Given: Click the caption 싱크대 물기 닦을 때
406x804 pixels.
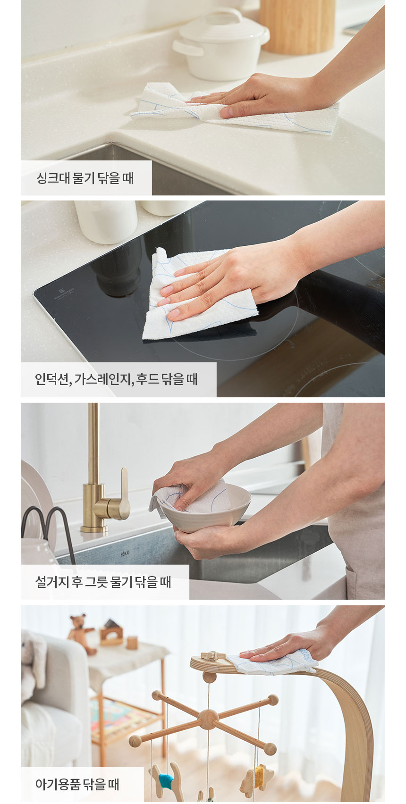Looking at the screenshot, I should (85, 178).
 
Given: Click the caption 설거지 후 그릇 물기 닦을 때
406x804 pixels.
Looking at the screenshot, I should (103, 582).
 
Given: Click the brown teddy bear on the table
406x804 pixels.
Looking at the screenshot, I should (81, 632).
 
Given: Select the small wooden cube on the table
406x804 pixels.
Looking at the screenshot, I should (132, 643).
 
